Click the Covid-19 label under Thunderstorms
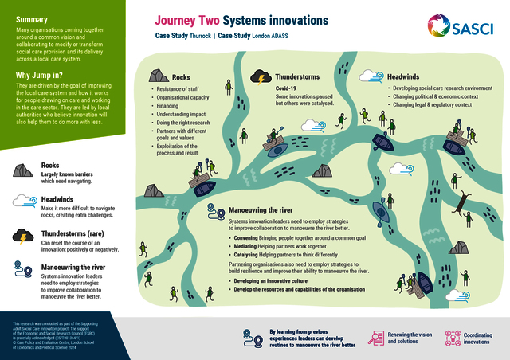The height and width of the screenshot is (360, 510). (x=287, y=88)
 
